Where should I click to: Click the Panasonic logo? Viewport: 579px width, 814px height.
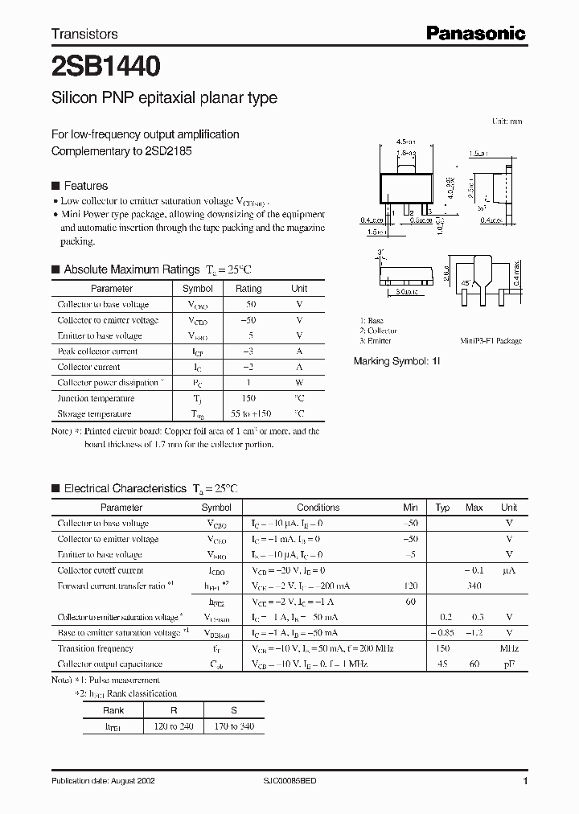(x=475, y=33)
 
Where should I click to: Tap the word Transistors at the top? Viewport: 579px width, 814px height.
(x=84, y=34)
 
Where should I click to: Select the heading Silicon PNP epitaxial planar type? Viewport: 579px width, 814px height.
(x=164, y=98)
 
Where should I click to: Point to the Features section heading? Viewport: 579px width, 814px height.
(x=85, y=185)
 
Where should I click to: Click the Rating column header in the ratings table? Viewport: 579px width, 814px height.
(x=248, y=289)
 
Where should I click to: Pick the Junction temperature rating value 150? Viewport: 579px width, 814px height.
(x=248, y=398)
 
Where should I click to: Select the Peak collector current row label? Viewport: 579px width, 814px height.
(x=97, y=351)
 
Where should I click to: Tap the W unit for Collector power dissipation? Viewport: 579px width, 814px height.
(x=299, y=383)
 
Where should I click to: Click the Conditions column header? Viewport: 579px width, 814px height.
(x=318, y=508)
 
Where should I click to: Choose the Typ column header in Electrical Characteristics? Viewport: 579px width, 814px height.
(x=442, y=508)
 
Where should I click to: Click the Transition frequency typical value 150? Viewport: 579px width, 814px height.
(x=442, y=648)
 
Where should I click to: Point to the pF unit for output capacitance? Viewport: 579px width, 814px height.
(x=509, y=664)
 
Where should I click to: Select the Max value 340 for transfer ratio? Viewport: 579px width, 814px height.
(x=474, y=586)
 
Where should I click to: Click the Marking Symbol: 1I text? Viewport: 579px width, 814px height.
(x=397, y=362)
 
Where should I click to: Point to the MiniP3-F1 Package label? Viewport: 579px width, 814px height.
(x=491, y=341)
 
